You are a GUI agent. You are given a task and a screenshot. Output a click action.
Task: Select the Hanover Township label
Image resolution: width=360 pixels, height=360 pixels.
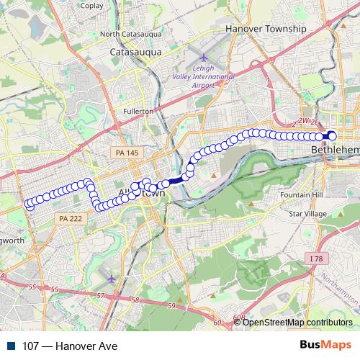[x=266, y=28]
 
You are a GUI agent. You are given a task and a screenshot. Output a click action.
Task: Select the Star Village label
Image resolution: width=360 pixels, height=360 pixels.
[x=307, y=214]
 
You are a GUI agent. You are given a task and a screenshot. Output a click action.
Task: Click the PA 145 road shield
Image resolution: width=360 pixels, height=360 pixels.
[x=124, y=153]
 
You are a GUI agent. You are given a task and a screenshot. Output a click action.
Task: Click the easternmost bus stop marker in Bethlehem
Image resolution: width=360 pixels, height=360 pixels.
[x=332, y=135]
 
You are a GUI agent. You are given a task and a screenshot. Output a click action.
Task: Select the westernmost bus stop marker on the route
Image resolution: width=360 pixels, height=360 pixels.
[x=29, y=204]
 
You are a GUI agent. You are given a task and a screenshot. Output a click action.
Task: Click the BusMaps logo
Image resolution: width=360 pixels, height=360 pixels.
[x=326, y=346]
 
